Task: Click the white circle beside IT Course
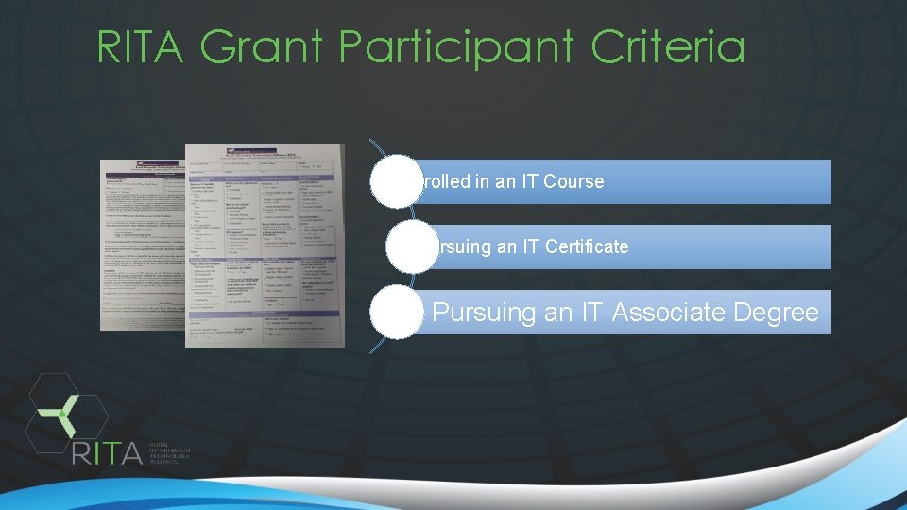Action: [x=396, y=181]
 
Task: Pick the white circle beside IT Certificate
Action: [x=396, y=246]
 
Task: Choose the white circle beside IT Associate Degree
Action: [x=396, y=312]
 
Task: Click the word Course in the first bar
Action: [x=574, y=181]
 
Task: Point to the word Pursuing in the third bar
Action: [x=485, y=313]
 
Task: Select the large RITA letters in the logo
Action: [x=107, y=452]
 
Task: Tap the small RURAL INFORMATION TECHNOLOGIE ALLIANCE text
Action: [x=169, y=454]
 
